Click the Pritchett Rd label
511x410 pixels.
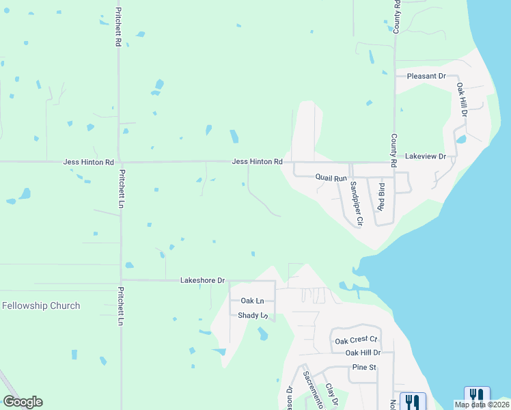[x=119, y=27]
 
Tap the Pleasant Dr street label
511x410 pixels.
[x=426, y=76]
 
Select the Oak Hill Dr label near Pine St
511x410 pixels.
[x=362, y=353]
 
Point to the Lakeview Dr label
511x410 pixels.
[x=425, y=156]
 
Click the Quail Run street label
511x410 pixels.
[x=331, y=178]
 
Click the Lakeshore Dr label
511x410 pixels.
[x=202, y=280]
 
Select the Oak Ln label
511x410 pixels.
[x=252, y=301]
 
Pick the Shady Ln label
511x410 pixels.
[x=252, y=316]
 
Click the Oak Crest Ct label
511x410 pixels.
[x=355, y=340]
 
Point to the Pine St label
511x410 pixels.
[x=364, y=367]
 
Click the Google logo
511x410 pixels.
[x=23, y=402]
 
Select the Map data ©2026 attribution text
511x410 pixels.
[x=482, y=405]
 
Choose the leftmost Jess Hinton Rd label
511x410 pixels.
[x=88, y=163]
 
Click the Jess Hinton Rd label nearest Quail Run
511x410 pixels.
[x=257, y=162]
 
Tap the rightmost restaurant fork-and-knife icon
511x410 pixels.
[x=477, y=396]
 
